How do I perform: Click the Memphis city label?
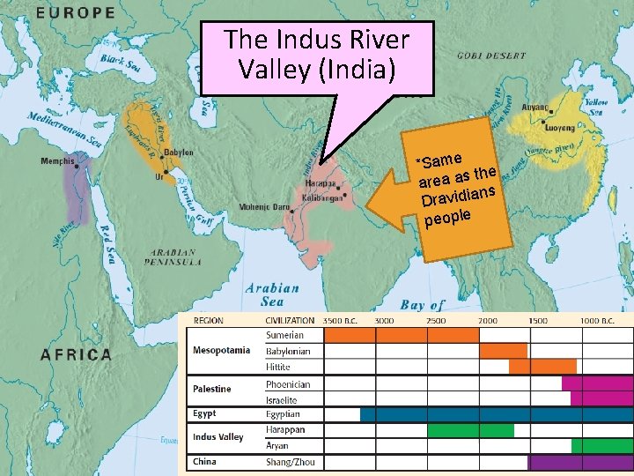coord(57,160)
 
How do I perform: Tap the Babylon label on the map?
coord(179,152)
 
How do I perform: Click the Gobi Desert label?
coord(490,54)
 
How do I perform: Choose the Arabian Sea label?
coord(272,294)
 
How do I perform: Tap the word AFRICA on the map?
coord(77,355)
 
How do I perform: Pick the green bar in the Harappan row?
coord(470,430)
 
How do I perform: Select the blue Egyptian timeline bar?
coord(496,414)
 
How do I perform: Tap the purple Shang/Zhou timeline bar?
coord(579,462)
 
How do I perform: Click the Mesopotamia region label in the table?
coord(221,351)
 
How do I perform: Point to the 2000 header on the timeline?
coord(488,321)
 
